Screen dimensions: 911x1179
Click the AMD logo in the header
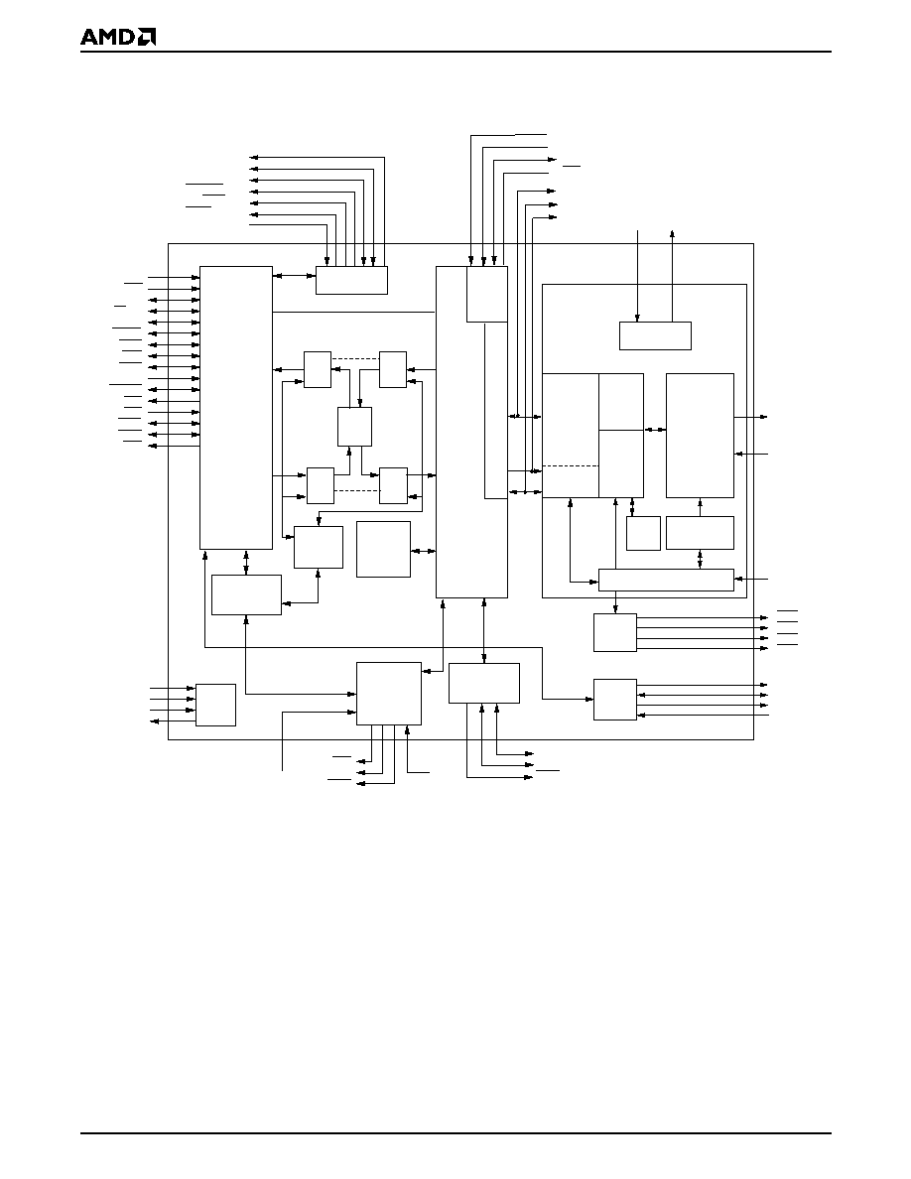coord(118,37)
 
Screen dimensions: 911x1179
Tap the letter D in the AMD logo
coord(125,37)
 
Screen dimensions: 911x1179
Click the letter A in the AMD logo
coord(88,37)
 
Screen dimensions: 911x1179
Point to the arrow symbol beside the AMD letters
coord(147,37)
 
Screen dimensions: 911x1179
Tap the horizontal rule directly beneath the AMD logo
coord(455,52)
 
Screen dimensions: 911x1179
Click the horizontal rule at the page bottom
coord(455,1133)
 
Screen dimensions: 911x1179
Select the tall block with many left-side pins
coord(236,408)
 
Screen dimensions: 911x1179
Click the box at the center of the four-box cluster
coord(355,427)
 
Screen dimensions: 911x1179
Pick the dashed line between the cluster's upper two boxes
coord(355,359)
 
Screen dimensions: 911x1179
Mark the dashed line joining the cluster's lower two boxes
coord(356,490)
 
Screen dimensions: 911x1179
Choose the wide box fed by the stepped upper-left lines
coord(351,280)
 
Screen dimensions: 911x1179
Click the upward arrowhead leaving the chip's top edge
coord(672,234)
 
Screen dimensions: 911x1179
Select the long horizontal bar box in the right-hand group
coord(666,580)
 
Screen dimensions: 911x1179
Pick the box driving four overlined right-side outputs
coord(615,632)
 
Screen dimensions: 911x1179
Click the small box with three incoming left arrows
coord(215,705)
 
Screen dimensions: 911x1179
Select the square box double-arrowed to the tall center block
coord(383,550)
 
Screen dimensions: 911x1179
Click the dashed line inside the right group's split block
coord(571,466)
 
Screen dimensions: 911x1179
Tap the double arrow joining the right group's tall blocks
coord(655,430)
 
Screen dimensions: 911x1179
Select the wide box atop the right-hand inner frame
coord(655,335)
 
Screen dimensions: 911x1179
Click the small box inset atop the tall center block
coord(487,294)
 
